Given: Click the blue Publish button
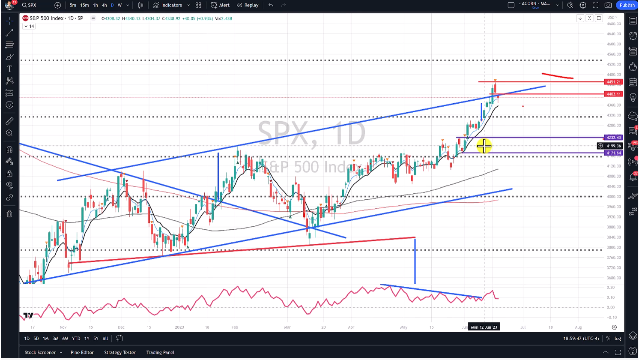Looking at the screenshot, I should point(627,5).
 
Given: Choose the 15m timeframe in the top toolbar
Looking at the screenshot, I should point(84,5).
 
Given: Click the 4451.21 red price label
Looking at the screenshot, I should point(613,82).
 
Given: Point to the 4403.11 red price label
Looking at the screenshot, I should point(613,94).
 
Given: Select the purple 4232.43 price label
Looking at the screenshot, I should point(613,138).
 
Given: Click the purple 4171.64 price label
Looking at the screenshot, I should point(613,153).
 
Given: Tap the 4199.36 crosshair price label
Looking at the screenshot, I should point(613,146).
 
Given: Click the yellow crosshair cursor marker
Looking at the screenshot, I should point(484,146).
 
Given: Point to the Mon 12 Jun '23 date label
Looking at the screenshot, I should point(484,327).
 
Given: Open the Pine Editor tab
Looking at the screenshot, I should point(82,352).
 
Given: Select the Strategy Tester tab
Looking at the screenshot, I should point(120,352).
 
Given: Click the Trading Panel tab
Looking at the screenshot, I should point(160,352).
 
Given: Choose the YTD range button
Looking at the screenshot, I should point(76,339).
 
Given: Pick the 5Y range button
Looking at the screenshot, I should point(96,339).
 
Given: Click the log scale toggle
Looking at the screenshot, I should point(618,339).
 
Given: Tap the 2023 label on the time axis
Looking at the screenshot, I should point(179,327).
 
